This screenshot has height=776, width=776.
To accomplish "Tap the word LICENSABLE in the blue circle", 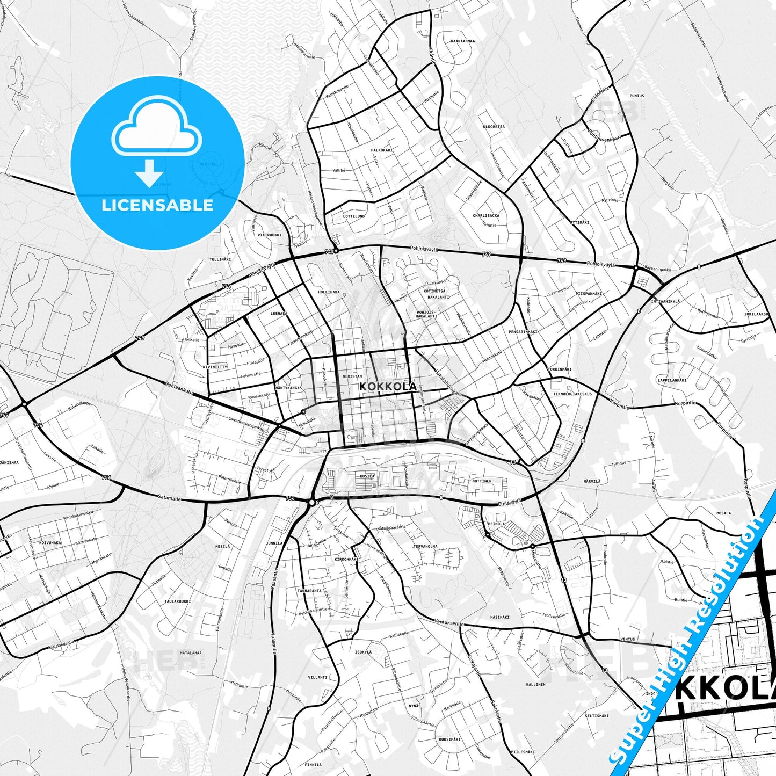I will (157, 205).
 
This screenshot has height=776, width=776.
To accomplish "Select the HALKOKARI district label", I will (382, 150).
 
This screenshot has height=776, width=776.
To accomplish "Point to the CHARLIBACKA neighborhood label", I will (485, 216).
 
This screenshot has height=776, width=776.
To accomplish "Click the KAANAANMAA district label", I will (463, 41).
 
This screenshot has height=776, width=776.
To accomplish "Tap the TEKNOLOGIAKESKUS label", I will (572, 394).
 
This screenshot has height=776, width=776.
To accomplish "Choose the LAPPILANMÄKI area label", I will (672, 380).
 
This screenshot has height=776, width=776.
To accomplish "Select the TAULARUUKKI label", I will (177, 601).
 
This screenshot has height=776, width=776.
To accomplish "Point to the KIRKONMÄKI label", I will (346, 559).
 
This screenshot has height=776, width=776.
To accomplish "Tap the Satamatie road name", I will (170, 498).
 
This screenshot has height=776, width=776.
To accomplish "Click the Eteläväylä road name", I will (510, 503).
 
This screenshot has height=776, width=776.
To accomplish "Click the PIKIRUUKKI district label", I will (269, 235).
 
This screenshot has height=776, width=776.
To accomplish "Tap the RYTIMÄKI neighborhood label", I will (579, 222).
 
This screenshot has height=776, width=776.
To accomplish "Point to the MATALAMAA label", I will (191, 653).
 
